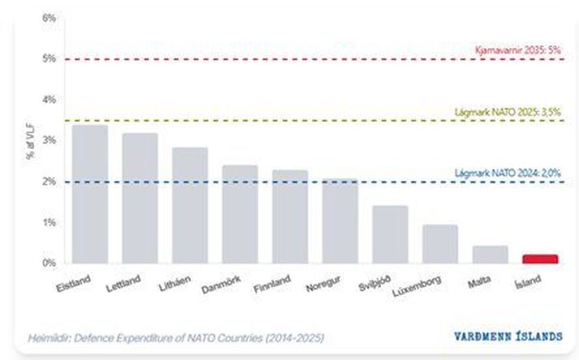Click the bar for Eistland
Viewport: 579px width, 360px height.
(x=89, y=194)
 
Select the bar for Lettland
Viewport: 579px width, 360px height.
(x=140, y=198)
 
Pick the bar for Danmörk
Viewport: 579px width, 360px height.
(x=240, y=215)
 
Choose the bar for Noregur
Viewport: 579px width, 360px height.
(x=339, y=221)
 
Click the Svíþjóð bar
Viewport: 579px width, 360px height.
(x=390, y=235)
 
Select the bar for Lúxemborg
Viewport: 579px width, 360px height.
(x=440, y=245)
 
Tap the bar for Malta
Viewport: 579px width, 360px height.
(x=490, y=254)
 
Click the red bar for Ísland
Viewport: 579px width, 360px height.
(x=540, y=259)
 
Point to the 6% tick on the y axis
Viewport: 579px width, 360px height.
(x=49, y=18)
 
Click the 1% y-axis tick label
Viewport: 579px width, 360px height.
(x=49, y=223)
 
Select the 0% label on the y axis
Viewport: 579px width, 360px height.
(x=49, y=263)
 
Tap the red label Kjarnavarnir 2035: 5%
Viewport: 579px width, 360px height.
(x=518, y=50)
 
